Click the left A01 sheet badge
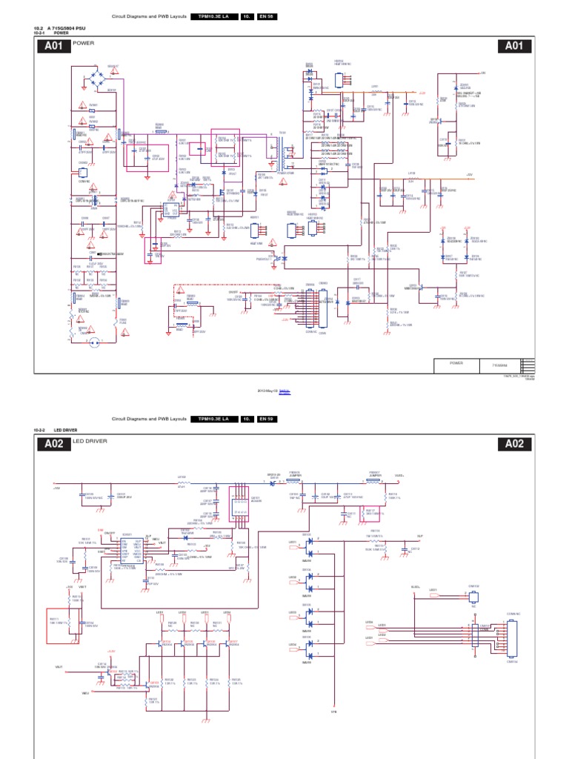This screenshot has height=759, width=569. (56, 47)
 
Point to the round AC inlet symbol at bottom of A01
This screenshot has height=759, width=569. (94, 342)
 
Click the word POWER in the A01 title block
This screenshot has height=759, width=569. (456, 363)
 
